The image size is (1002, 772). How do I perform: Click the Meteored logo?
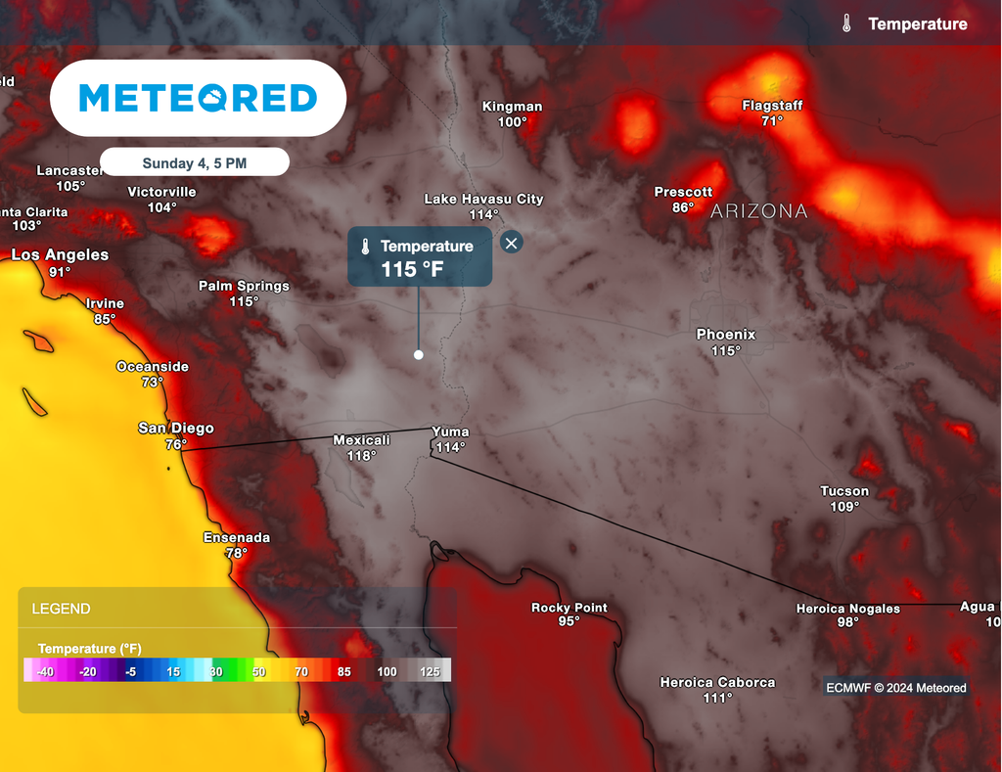(198, 98)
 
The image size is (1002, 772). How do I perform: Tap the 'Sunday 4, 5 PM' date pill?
(194, 163)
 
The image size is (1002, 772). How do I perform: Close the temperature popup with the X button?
(511, 243)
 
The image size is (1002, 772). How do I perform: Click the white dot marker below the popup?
(419, 355)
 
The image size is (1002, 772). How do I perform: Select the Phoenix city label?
(726, 335)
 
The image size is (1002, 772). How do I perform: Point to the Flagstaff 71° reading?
(772, 121)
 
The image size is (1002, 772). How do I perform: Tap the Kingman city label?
(512, 107)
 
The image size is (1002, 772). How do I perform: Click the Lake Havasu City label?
(483, 200)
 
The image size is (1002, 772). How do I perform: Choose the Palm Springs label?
(244, 287)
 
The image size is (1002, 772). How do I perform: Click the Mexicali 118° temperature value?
(362, 456)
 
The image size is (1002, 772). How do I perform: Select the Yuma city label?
(450, 431)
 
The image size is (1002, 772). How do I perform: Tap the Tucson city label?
(844, 491)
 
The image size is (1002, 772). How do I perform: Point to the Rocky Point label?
(569, 608)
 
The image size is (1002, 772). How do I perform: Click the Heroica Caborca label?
(717, 683)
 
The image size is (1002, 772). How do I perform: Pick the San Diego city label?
(176, 429)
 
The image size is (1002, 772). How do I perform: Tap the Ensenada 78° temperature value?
(237, 553)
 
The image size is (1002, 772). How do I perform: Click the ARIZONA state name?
(759, 211)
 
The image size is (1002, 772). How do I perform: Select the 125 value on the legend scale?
(429, 671)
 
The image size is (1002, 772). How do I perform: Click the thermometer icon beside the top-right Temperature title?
(846, 24)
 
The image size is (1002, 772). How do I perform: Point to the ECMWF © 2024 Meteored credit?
(896, 688)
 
